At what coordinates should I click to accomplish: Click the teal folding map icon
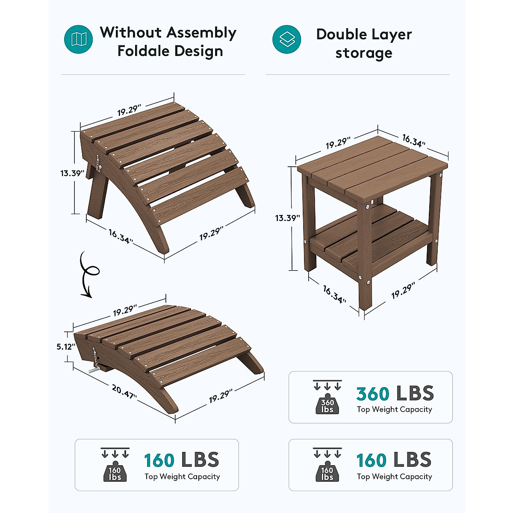point(79,39)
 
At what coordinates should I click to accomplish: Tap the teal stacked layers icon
point(287,39)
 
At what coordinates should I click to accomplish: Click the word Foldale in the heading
point(142,51)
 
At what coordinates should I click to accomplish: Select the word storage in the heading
point(364,53)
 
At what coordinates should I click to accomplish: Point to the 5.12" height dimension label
point(66,347)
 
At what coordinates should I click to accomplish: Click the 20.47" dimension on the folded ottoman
point(124,392)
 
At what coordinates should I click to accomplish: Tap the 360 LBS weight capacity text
point(395,393)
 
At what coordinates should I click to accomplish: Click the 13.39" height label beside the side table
point(288,218)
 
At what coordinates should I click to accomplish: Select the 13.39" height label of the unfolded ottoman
point(72,173)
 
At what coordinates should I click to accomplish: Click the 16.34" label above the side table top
point(413,140)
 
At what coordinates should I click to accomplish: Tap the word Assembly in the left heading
point(201,32)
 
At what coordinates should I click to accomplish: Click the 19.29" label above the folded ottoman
point(125,310)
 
